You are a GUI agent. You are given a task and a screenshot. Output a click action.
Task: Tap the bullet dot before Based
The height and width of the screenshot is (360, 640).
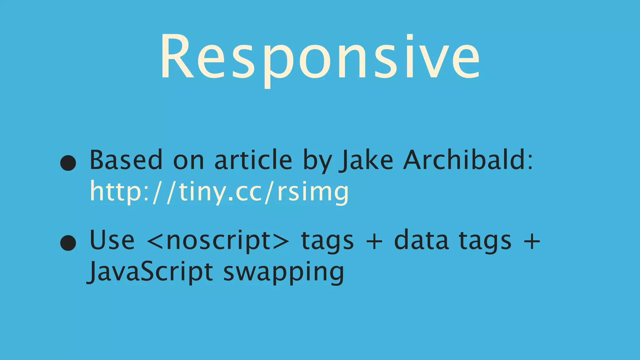click(x=68, y=163)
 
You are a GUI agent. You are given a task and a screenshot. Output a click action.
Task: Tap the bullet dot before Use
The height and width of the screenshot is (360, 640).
click(x=68, y=243)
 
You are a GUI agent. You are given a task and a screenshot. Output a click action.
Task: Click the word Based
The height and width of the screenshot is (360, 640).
click(x=126, y=160)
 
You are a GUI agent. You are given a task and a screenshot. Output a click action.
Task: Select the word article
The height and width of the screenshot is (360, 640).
click(x=253, y=160)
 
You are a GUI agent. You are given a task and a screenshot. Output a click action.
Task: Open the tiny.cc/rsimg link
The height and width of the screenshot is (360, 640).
click(x=219, y=192)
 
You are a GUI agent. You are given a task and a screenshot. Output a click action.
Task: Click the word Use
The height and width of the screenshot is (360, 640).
click(x=112, y=240)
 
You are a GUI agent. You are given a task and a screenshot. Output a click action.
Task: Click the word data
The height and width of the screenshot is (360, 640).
click(x=421, y=240)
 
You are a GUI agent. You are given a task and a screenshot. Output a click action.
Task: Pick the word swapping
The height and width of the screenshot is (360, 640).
click(x=284, y=272)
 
